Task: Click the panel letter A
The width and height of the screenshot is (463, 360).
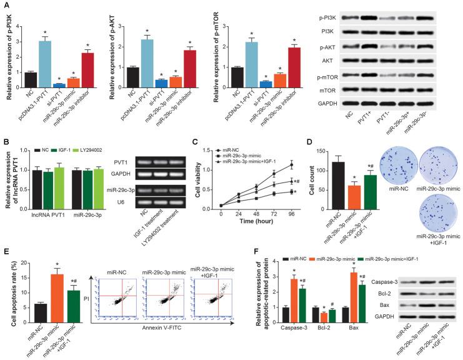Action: tap(5, 5)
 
